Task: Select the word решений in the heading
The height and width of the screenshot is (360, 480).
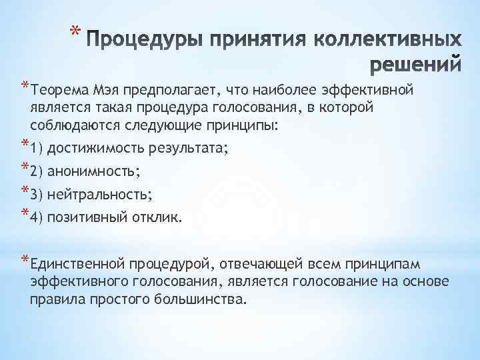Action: [415, 65]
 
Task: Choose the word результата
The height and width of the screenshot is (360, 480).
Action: [183, 149]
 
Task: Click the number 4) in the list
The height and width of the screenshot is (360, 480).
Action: [37, 217]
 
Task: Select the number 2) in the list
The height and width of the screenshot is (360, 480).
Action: [37, 171]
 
